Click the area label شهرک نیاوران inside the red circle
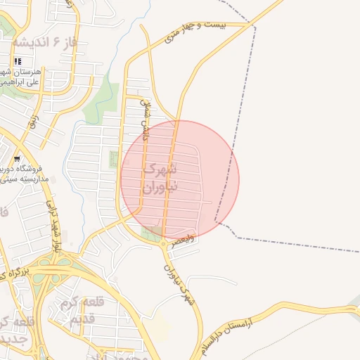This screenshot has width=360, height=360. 161,179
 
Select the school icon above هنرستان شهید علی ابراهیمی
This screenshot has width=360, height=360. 18,62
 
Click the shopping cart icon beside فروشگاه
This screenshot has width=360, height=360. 16,158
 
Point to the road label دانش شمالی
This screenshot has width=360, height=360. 146,119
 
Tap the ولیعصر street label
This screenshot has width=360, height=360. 181,242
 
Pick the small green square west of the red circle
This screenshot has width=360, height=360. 114,159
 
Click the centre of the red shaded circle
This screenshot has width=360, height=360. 180,180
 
